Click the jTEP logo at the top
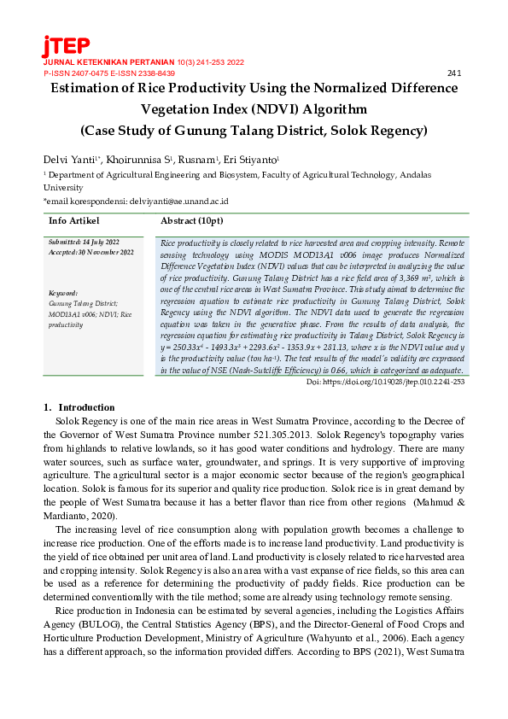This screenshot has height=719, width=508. tap(66, 46)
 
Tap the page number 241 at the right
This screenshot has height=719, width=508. tap(454, 73)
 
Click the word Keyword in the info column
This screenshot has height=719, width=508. tap(64, 293)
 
